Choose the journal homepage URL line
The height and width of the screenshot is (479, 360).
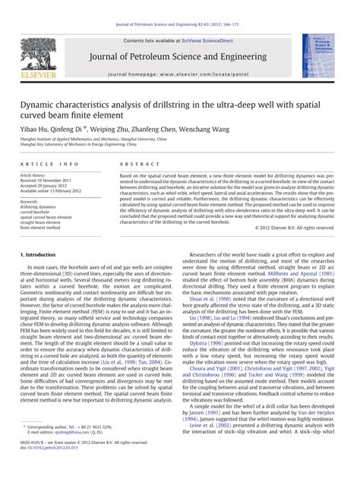pos(180,76)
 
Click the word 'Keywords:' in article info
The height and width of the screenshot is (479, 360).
pos(31,202)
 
